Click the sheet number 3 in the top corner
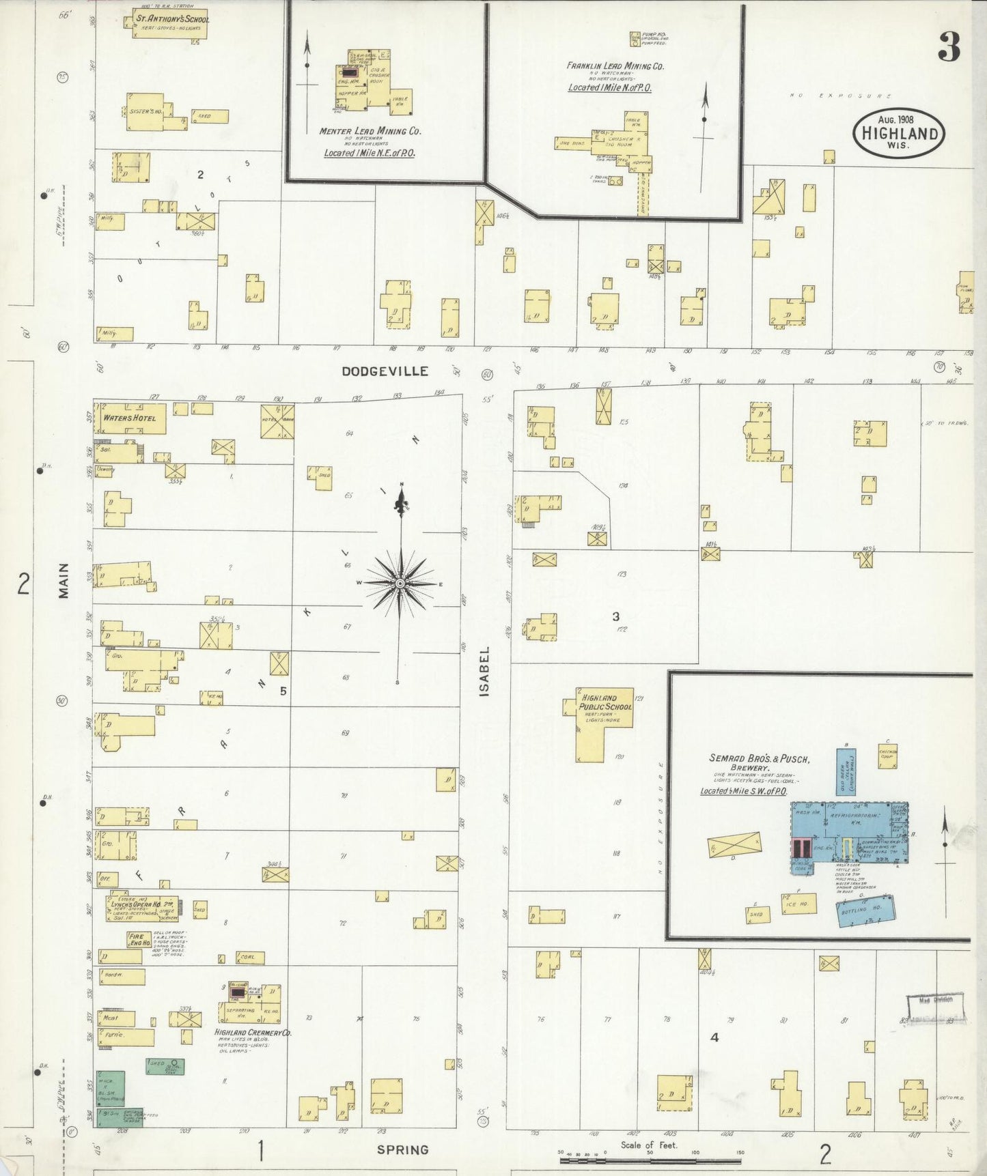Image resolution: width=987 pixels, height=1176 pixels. pyautogui.click(x=949, y=47)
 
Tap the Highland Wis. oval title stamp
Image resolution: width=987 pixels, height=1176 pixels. pyautogui.click(x=899, y=133)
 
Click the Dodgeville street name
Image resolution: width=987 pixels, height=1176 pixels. pyautogui.click(x=385, y=371)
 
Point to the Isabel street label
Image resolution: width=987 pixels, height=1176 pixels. pyautogui.click(x=485, y=672)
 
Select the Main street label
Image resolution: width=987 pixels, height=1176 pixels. pyautogui.click(x=64, y=580)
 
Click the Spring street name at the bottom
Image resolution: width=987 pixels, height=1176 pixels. pyautogui.click(x=403, y=1149)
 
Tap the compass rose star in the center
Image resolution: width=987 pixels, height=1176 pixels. pyautogui.click(x=400, y=584)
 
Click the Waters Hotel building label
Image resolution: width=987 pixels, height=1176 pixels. pyautogui.click(x=130, y=418)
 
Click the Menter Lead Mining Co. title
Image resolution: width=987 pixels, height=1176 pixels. pyautogui.click(x=370, y=130)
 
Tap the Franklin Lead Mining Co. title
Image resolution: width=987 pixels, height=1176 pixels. pyautogui.click(x=615, y=66)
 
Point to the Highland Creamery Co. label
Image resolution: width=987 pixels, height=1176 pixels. pyautogui.click(x=253, y=1033)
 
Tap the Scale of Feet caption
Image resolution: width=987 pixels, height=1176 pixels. pyautogui.click(x=648, y=1145)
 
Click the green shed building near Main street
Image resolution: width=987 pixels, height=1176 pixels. pyautogui.click(x=165, y=1065)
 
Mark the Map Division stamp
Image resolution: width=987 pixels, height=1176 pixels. pyautogui.click(x=935, y=1000)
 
